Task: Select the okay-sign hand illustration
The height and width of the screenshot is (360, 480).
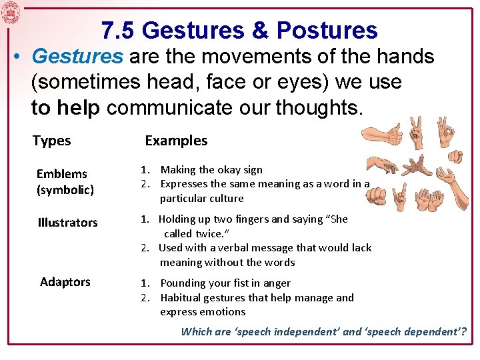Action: pos(443,133)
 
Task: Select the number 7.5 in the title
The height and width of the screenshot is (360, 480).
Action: pos(118,30)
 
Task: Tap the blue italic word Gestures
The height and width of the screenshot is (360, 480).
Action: pos(77,57)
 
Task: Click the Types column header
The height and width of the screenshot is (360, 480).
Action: pos(51,141)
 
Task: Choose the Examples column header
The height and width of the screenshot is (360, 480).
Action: pos(176,141)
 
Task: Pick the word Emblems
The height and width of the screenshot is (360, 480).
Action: pos(61,174)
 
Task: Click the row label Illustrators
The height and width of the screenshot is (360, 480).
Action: pos(67,223)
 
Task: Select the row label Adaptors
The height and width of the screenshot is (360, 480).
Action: pos(65,282)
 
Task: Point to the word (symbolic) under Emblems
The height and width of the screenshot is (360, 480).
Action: pos(65,190)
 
